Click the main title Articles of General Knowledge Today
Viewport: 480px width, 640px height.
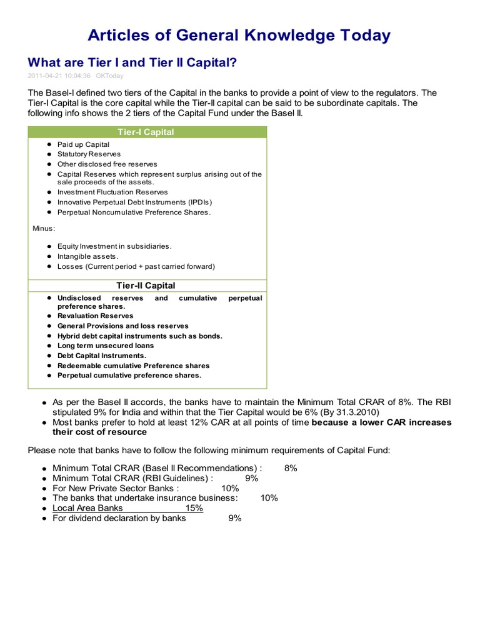point(239,35)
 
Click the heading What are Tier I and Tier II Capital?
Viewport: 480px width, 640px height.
point(132,63)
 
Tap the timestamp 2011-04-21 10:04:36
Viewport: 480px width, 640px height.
point(59,76)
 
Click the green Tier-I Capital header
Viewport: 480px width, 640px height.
point(146,132)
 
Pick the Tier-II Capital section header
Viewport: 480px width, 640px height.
point(146,286)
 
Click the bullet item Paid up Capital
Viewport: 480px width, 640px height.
point(83,144)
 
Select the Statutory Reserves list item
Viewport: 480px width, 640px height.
point(89,154)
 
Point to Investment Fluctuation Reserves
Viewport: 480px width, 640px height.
point(112,192)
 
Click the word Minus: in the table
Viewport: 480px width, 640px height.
point(44,228)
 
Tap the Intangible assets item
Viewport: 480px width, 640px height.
point(87,256)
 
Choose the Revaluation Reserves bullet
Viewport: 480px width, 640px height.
point(95,316)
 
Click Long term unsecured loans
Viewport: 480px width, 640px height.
point(105,346)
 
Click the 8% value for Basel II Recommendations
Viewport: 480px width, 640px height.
point(290,468)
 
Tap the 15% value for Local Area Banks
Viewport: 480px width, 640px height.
point(194,508)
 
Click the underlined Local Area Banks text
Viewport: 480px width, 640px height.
point(87,508)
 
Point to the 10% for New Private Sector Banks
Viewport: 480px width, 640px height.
point(230,488)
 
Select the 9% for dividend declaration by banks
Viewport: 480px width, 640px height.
point(234,518)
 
